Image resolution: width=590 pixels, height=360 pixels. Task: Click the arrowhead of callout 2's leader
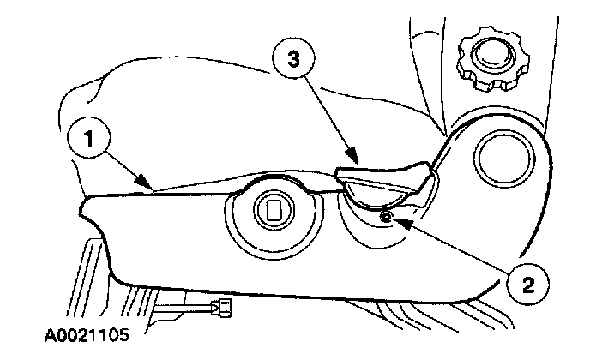click(x=392, y=219)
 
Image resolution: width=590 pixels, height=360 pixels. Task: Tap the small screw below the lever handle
click(x=385, y=217)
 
